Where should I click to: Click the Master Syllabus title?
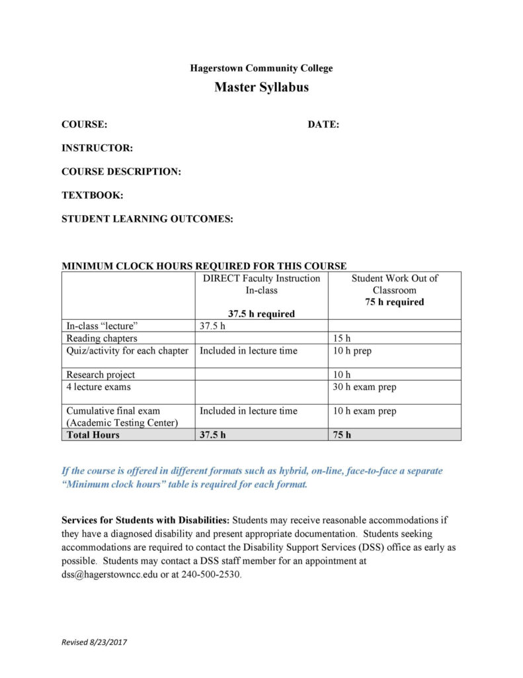pos(261,87)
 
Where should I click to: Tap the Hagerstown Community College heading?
pos(261,68)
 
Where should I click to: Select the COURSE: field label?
pos(85,124)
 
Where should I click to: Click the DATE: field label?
pos(323,124)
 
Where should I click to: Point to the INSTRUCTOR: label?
pos(97,148)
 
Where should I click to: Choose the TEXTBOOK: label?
pos(93,195)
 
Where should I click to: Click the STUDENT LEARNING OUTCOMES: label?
pos(147,219)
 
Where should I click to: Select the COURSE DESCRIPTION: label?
pos(121,171)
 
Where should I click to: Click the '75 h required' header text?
pos(395,302)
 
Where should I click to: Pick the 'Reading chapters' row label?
pos(102,338)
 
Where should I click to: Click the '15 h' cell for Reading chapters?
pos(342,338)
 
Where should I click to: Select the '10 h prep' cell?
pos(353,351)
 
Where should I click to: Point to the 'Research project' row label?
pos(101,375)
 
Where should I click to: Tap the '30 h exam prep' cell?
pos(365,387)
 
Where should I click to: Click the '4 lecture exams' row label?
pos(99,387)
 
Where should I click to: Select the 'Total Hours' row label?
pos(93,435)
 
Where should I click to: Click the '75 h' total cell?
pos(342,435)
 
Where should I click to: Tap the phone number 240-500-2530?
pos(211,574)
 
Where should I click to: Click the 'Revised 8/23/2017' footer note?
pos(94,642)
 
